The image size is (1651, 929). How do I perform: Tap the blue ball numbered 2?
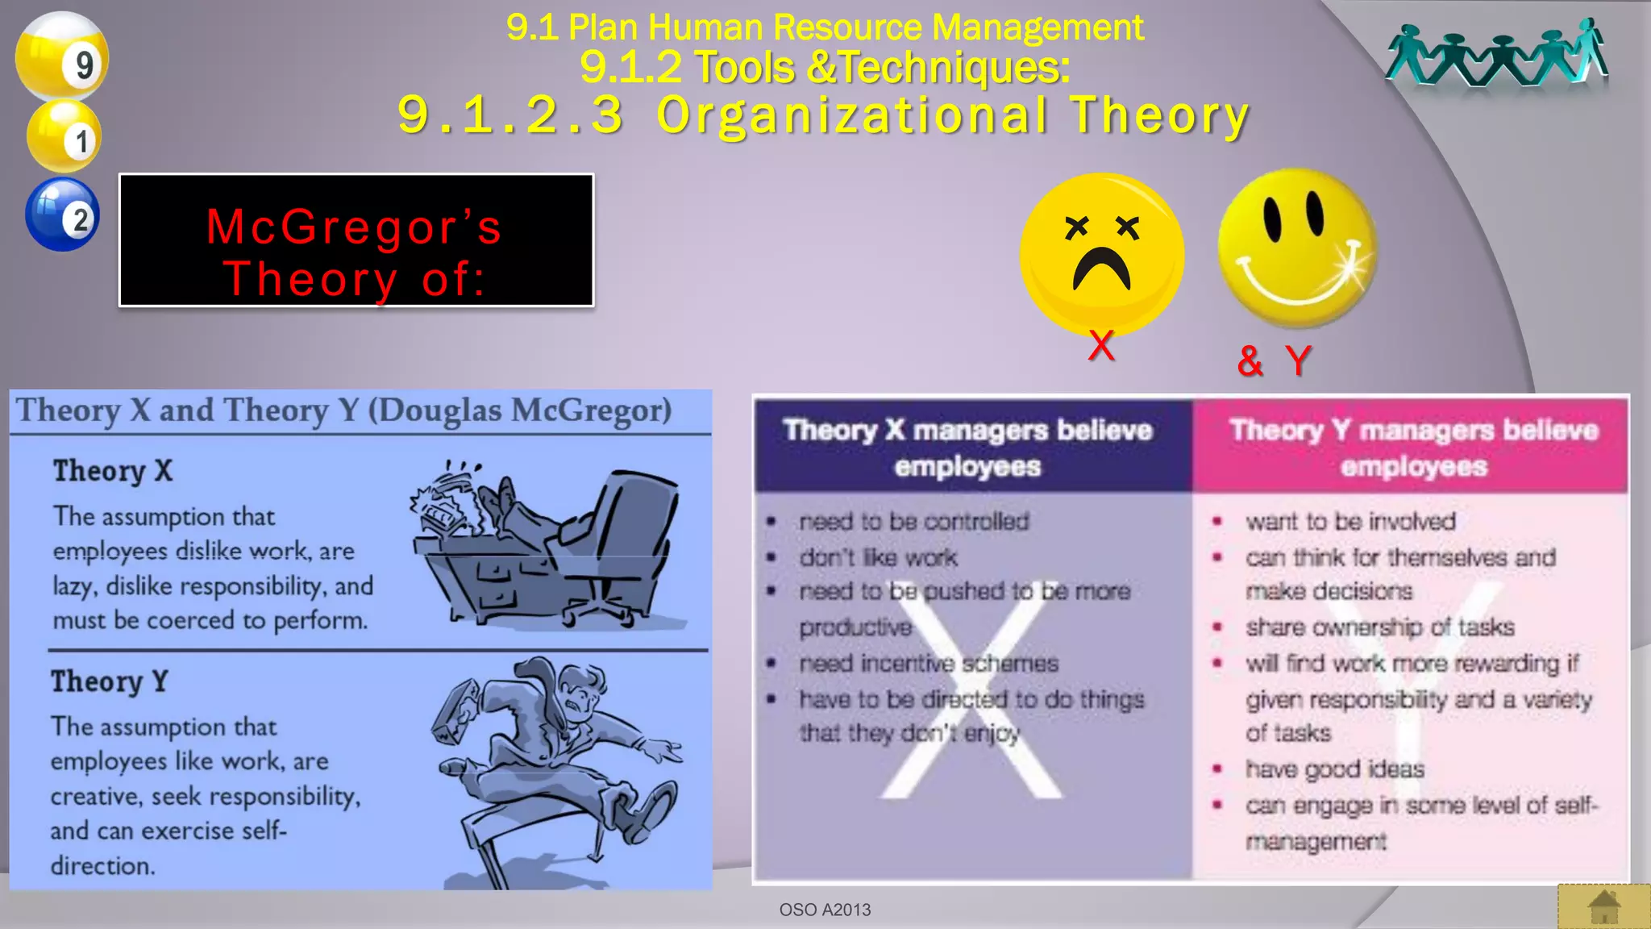(x=62, y=215)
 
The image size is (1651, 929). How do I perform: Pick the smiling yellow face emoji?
(x=1296, y=247)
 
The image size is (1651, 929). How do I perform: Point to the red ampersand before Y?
(x=1250, y=360)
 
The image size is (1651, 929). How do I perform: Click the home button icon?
(x=1603, y=906)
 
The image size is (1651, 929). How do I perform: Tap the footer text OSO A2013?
(x=825, y=910)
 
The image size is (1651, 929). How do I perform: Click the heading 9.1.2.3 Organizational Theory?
(x=822, y=115)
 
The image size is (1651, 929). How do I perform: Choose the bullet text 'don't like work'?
(x=878, y=557)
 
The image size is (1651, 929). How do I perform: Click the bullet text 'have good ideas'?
(x=1334, y=769)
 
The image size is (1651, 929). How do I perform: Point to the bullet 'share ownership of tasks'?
(x=1379, y=627)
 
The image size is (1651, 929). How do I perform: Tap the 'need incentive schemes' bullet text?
(x=929, y=663)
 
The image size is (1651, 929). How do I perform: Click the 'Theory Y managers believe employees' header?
(x=1413, y=448)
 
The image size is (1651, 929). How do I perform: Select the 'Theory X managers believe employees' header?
(x=967, y=448)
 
